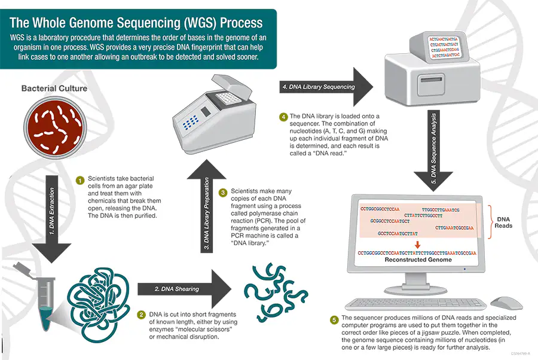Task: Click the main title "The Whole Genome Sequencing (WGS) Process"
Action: (136, 23)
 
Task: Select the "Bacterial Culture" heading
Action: (54, 89)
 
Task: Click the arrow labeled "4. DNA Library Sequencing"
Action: (323, 87)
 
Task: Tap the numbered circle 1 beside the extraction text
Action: (80, 179)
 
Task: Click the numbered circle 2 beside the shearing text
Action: (142, 315)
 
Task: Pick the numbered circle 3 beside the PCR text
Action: (223, 193)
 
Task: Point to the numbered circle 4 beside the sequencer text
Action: (283, 116)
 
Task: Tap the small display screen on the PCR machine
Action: (206, 112)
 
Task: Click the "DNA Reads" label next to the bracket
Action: (503, 222)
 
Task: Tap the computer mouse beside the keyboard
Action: (506, 301)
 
